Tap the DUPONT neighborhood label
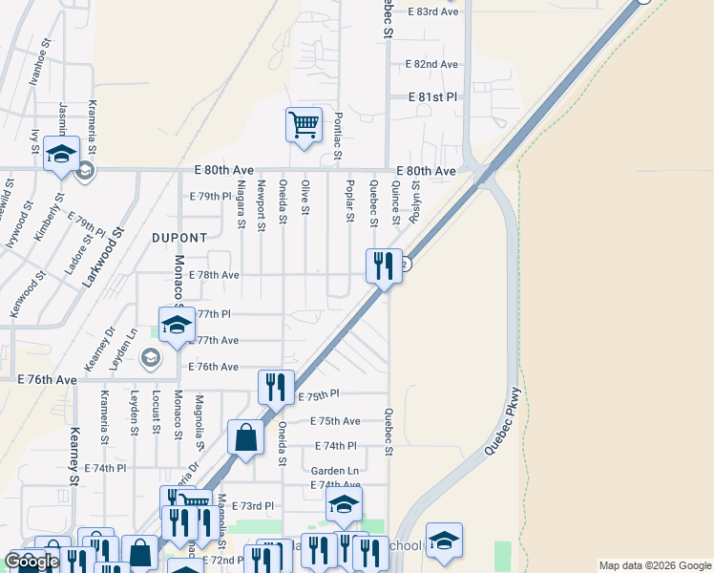[x=178, y=237]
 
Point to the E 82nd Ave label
[x=431, y=64]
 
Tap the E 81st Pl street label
[x=433, y=97]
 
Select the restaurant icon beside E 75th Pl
[x=275, y=387]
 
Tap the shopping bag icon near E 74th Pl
[x=245, y=438]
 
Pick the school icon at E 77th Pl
[x=176, y=324]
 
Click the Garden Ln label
[x=334, y=471]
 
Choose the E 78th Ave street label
[x=214, y=274]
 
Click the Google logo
[x=31, y=562]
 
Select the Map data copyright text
[x=654, y=565]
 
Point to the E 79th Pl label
[x=211, y=197]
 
